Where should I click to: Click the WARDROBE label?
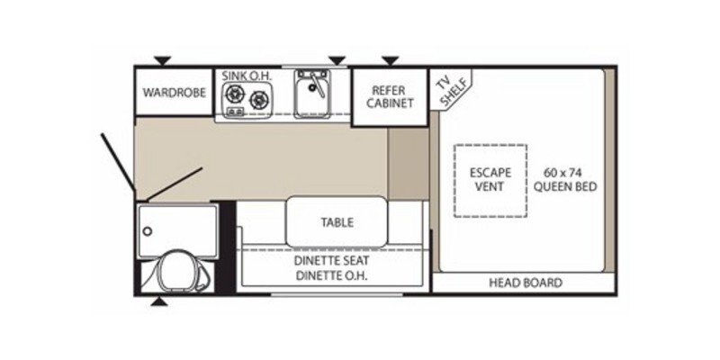point(174,92)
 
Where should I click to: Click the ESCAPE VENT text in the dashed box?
point(490,179)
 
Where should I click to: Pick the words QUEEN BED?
point(566,187)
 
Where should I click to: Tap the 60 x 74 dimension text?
point(566,172)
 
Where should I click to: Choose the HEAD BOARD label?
point(526,283)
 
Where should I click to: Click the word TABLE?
point(337,222)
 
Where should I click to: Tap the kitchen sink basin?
point(311,96)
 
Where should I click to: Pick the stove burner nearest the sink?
point(261,98)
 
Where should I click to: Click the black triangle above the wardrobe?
point(161,60)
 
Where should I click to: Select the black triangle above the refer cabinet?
point(390,60)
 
